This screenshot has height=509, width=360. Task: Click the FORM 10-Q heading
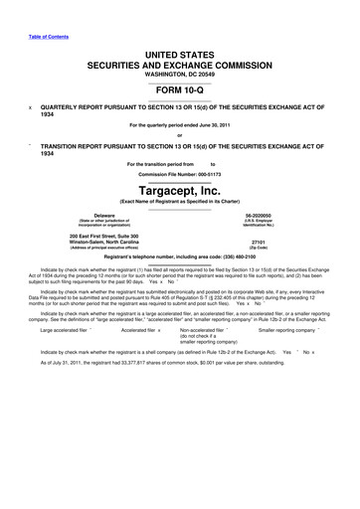pos(179,88)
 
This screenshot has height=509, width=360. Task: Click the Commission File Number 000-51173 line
pos(179,173)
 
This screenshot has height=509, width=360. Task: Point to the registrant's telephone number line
pos(179,256)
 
